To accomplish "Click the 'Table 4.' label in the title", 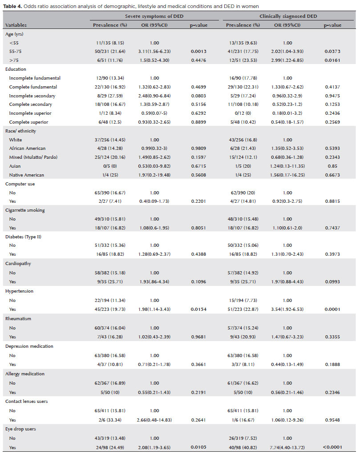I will [x=14, y=5].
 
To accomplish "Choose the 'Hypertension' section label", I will [x=19, y=291].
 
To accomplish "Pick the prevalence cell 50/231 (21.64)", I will [x=109, y=51].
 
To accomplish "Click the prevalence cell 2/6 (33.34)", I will [x=109, y=419].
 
